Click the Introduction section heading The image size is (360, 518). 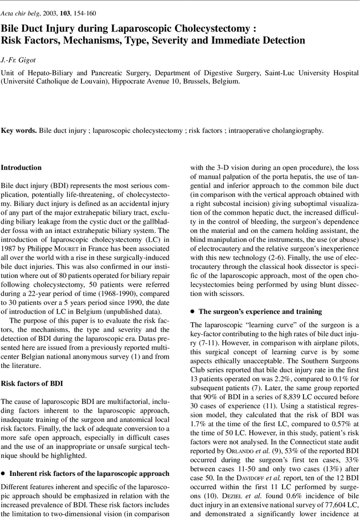(21, 167)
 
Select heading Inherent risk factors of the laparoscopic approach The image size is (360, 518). (89, 473)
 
